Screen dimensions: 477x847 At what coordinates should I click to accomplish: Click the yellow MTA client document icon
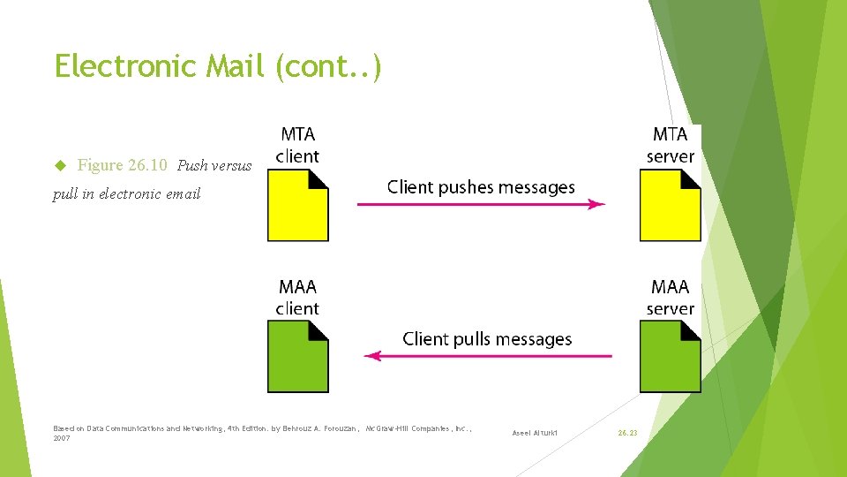pos(297,205)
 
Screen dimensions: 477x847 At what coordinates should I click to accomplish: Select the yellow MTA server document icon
pos(670,205)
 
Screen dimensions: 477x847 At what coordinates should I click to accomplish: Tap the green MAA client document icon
pos(297,357)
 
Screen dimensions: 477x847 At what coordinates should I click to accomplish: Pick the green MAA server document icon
pos(670,357)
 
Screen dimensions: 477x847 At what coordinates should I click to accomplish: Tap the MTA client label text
pos(297,146)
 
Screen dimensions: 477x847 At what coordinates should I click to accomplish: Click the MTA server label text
pos(670,146)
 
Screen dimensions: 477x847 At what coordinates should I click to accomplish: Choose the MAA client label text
pos(297,298)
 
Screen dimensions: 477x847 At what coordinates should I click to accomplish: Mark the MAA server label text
pos(670,298)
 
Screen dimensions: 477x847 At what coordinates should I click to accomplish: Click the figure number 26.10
pos(147,165)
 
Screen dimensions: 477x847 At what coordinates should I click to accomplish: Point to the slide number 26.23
pos(627,433)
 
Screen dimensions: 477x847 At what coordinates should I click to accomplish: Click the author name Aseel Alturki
pos(535,433)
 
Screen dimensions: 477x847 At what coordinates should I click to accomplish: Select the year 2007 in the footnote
pos(62,438)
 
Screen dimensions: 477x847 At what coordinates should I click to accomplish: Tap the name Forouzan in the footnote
pos(337,428)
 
